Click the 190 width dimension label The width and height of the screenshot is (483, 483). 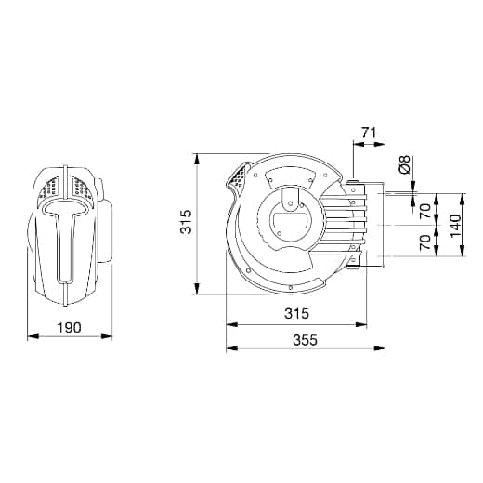click(70, 327)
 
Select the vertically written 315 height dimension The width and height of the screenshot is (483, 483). click(187, 222)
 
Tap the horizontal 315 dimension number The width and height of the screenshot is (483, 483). click(296, 313)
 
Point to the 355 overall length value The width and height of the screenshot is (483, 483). click(306, 340)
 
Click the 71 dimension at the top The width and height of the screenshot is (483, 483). click(369, 133)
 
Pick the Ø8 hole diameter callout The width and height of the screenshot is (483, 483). click(405, 164)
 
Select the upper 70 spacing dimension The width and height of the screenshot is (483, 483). click(425, 211)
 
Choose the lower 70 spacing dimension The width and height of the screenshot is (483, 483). click(425, 242)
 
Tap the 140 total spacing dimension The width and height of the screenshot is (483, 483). click(455, 226)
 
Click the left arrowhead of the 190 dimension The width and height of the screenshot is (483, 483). click(33, 336)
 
